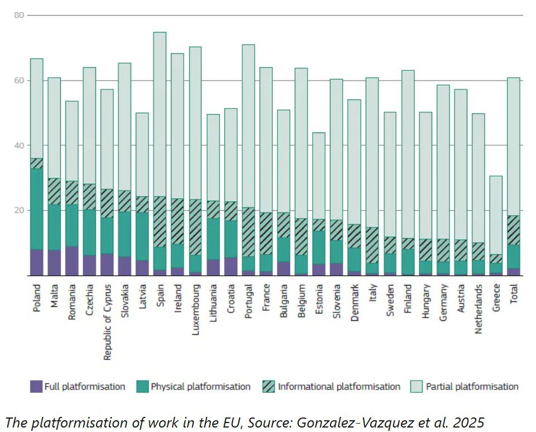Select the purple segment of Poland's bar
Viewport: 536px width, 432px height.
point(36,262)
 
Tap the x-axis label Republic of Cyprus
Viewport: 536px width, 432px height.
point(107,322)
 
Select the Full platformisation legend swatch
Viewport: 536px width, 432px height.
point(36,386)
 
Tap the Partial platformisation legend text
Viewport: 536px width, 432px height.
point(472,386)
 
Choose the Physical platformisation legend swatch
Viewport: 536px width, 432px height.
point(142,386)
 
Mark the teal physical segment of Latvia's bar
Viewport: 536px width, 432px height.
point(142,236)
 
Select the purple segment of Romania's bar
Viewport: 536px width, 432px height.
point(71,261)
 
